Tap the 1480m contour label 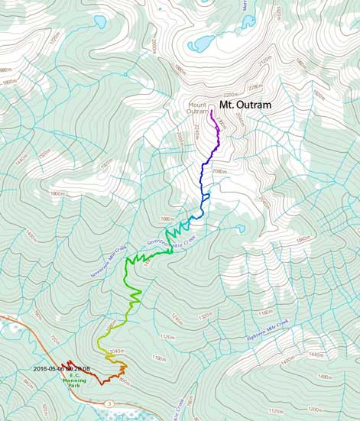point(327,377)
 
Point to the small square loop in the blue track point(206,196)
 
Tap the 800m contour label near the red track point(125,381)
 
